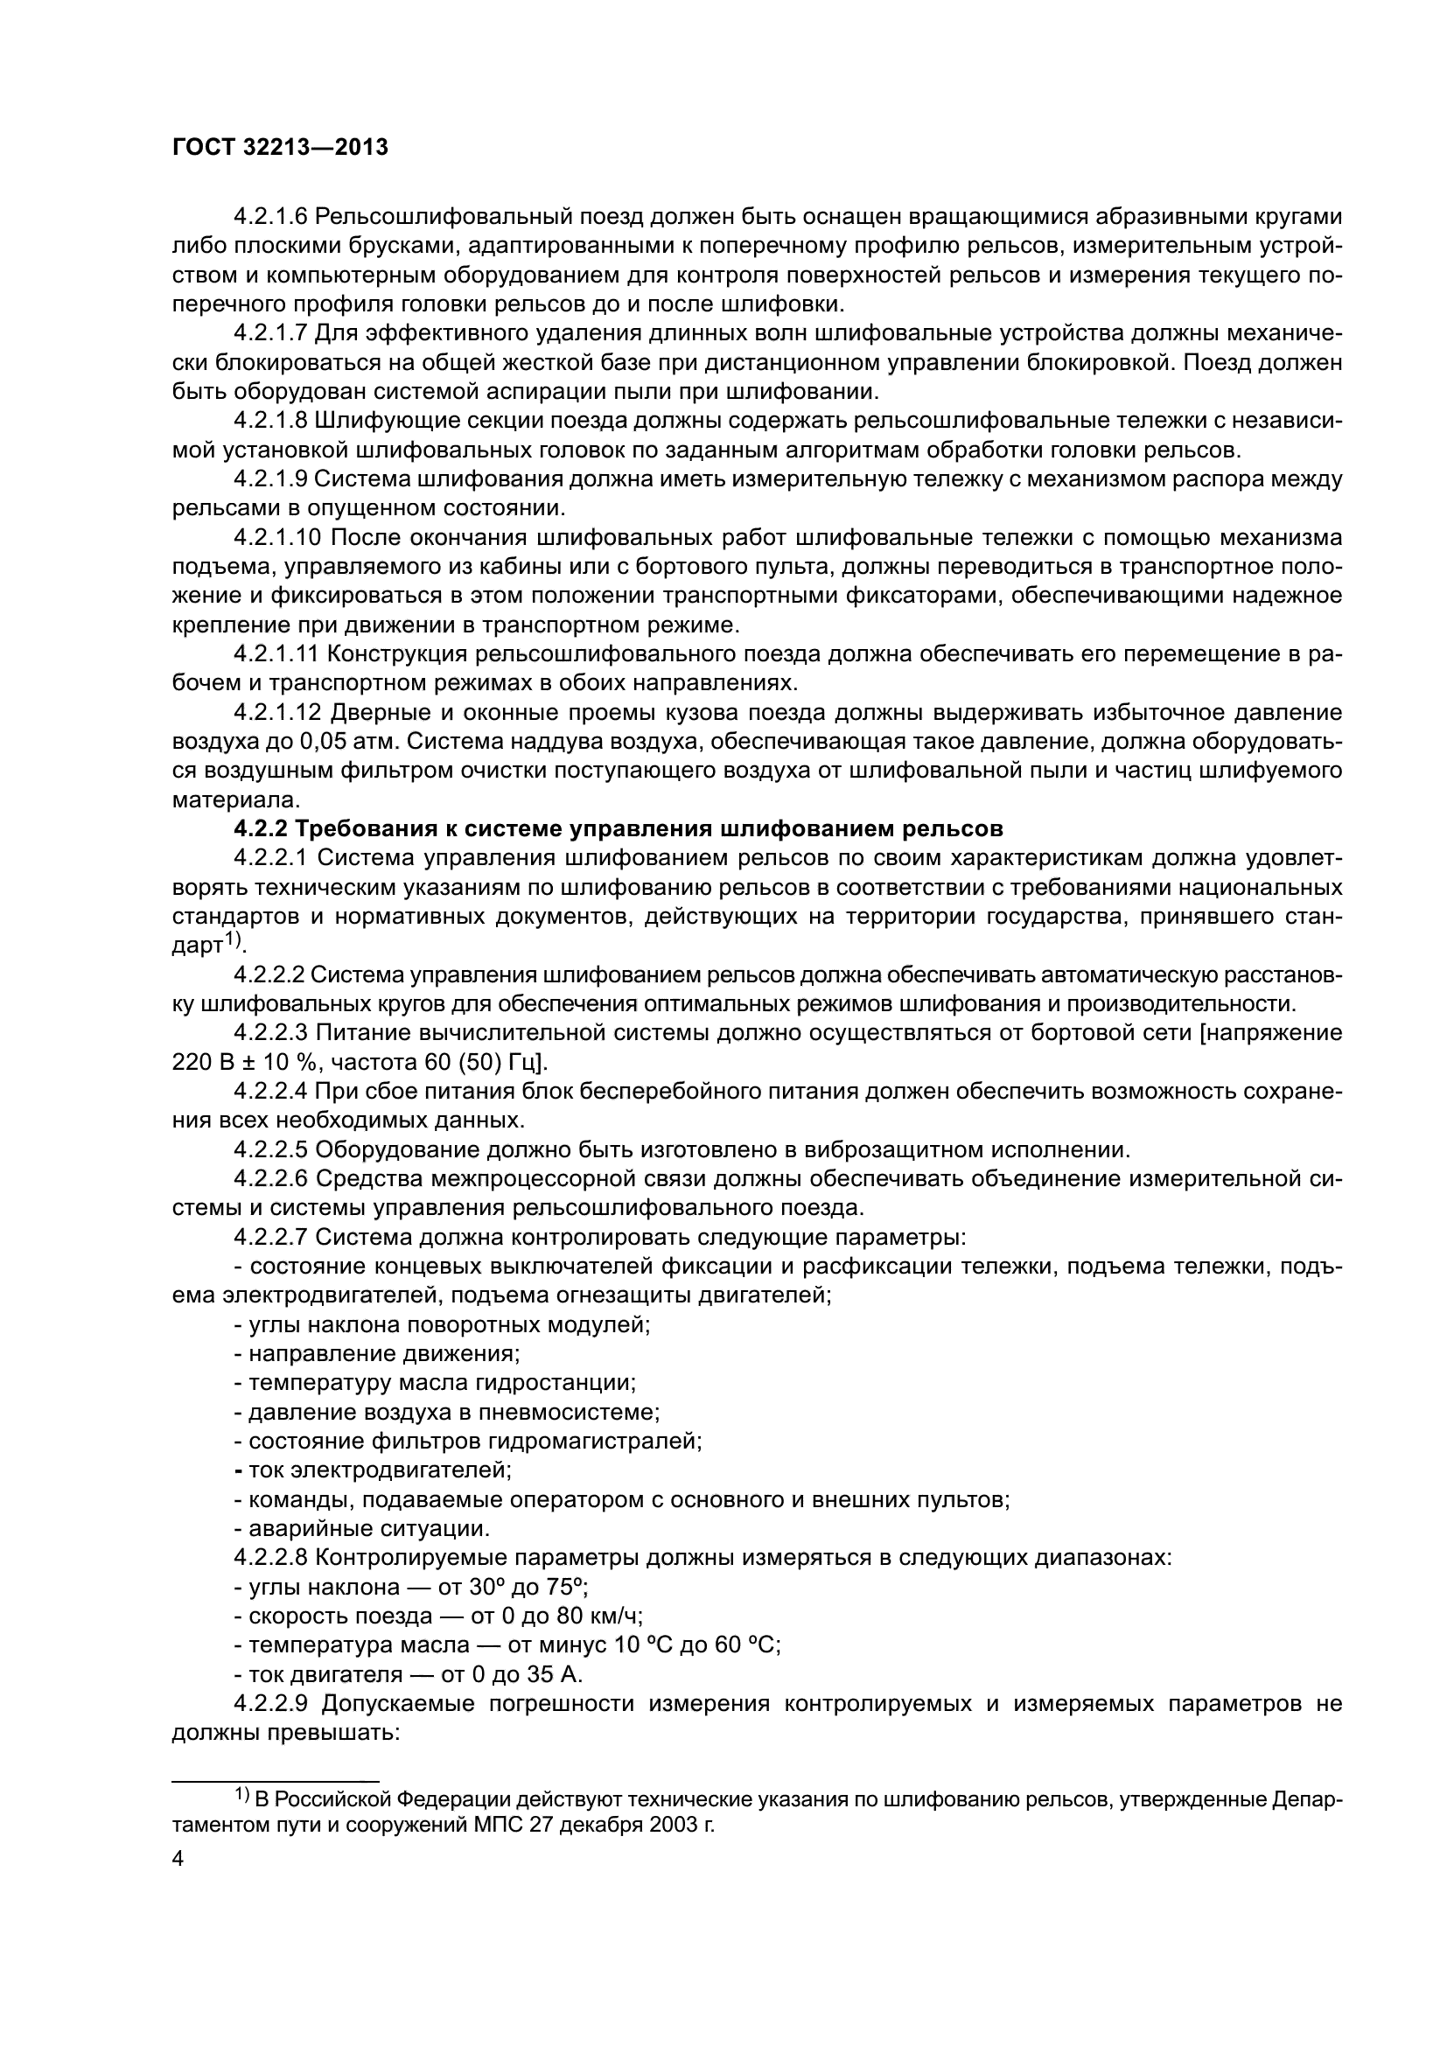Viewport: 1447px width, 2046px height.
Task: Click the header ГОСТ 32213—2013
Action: coord(280,148)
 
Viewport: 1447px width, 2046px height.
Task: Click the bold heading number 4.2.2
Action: coord(260,828)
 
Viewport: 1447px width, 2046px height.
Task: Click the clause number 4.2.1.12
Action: coord(276,712)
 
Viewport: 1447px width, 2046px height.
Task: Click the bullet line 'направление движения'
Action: coord(377,1353)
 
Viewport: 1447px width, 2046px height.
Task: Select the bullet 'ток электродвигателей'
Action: coord(374,1470)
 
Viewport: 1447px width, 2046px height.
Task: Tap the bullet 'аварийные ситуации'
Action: coord(362,1529)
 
